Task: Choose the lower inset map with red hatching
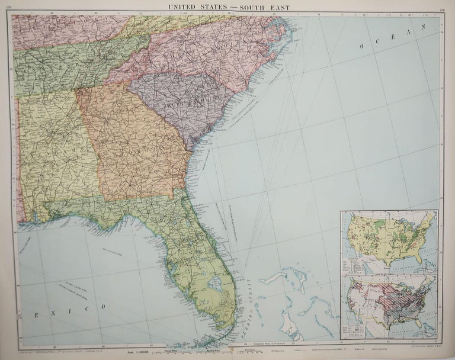[x=388, y=306]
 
